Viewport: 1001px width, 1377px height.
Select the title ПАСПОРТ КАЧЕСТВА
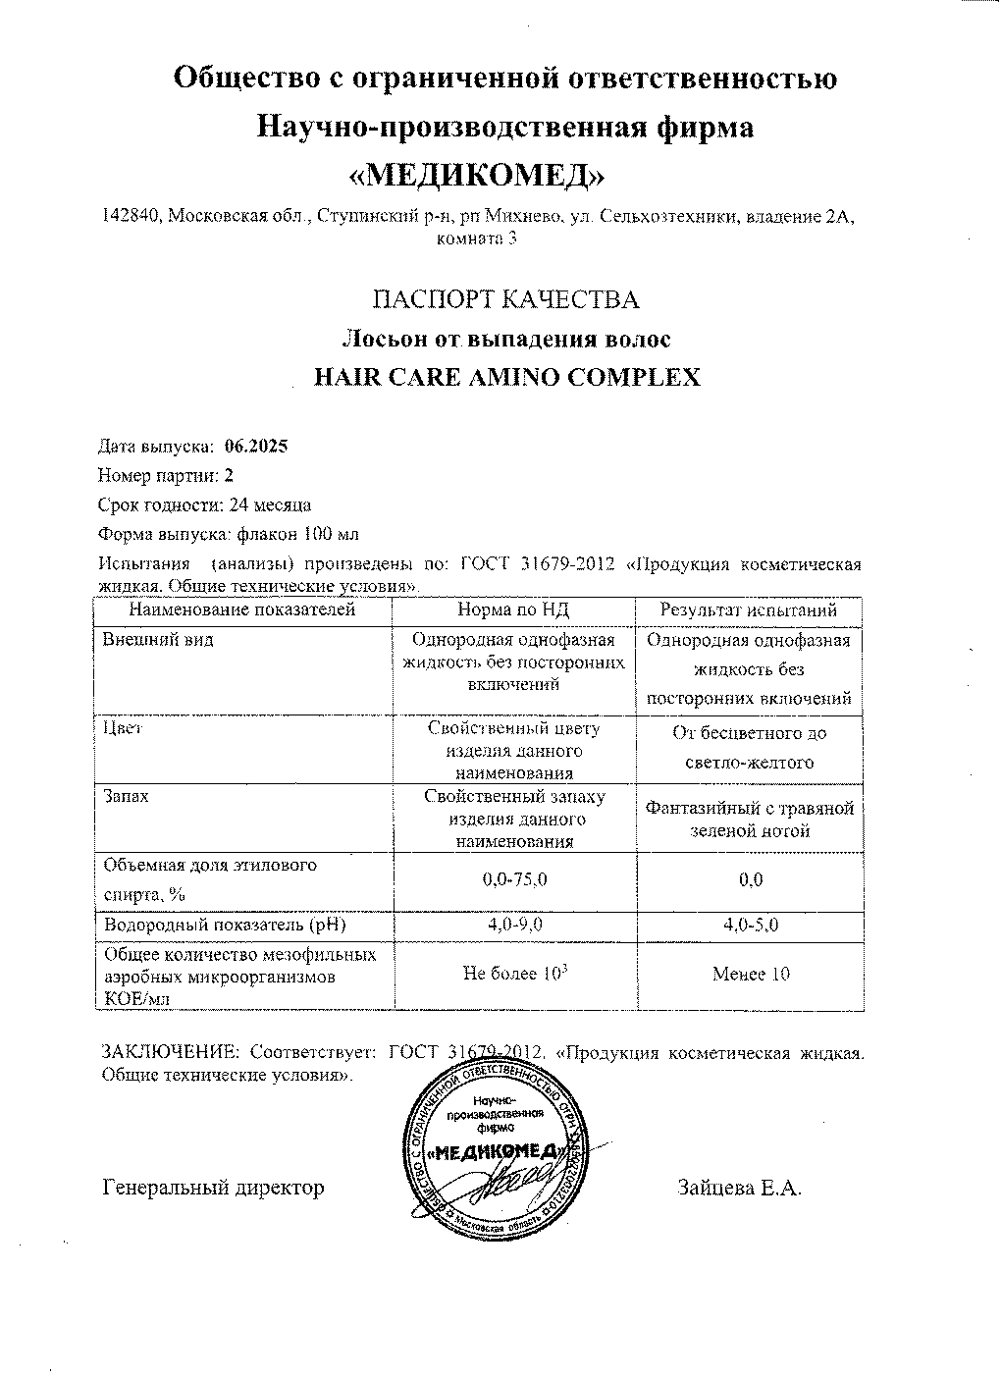507,299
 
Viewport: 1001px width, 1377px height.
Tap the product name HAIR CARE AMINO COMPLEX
505,378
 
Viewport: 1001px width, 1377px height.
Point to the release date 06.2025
256,446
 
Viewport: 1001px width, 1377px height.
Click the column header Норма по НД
513,609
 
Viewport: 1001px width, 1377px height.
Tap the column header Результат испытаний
749,609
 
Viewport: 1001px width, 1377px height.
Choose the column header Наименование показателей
242,609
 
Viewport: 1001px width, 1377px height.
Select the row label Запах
127,797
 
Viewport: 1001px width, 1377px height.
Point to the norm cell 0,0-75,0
514,880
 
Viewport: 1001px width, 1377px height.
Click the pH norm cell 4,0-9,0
514,925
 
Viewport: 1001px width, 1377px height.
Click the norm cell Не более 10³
515,974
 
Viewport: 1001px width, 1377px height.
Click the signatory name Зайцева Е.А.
739,1189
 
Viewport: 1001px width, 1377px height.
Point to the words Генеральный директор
213,1189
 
